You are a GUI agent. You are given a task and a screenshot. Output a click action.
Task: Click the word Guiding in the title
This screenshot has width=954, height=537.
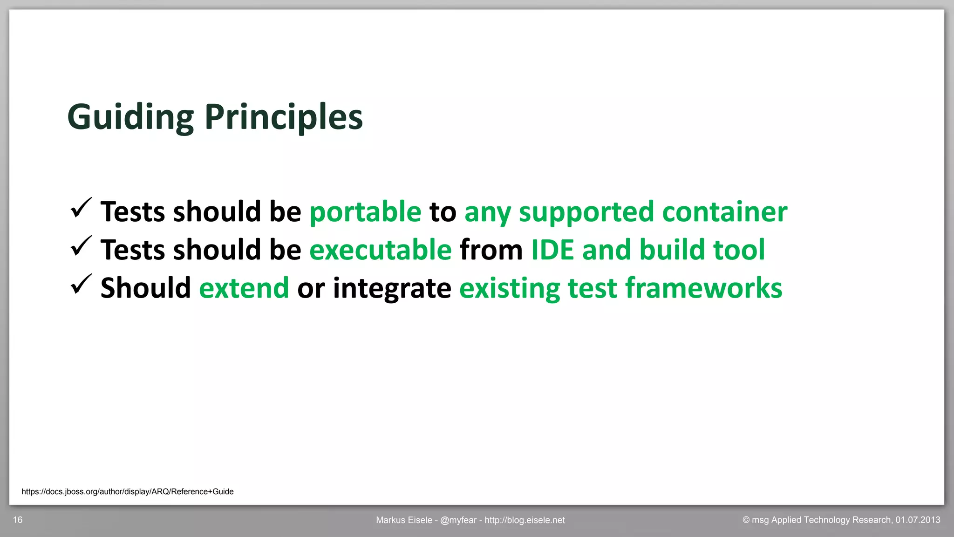pos(130,117)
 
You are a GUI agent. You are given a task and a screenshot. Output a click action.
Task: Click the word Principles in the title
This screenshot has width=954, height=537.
pos(283,117)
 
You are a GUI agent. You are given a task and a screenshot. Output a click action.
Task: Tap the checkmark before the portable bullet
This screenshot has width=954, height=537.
pos(81,208)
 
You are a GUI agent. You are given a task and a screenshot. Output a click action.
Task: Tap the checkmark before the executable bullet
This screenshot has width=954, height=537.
pos(81,246)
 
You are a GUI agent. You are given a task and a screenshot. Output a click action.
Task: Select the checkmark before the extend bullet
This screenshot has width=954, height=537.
pos(81,285)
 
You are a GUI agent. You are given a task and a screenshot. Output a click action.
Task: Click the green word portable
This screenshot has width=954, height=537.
pos(365,212)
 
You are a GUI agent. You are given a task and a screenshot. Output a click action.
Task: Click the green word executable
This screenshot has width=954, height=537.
pos(380,250)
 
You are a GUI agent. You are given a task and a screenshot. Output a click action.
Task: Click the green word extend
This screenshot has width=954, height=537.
pos(244,288)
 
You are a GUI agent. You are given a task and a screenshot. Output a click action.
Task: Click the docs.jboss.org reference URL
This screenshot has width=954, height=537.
pos(127,491)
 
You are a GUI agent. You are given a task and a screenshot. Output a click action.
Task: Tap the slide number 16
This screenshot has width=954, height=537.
pos(18,520)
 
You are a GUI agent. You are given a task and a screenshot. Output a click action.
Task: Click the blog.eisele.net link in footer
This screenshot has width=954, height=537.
pos(525,520)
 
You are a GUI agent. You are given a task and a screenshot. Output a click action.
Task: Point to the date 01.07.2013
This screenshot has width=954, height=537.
pos(917,520)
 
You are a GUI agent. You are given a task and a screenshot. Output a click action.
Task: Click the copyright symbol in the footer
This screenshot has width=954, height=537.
pos(746,520)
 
